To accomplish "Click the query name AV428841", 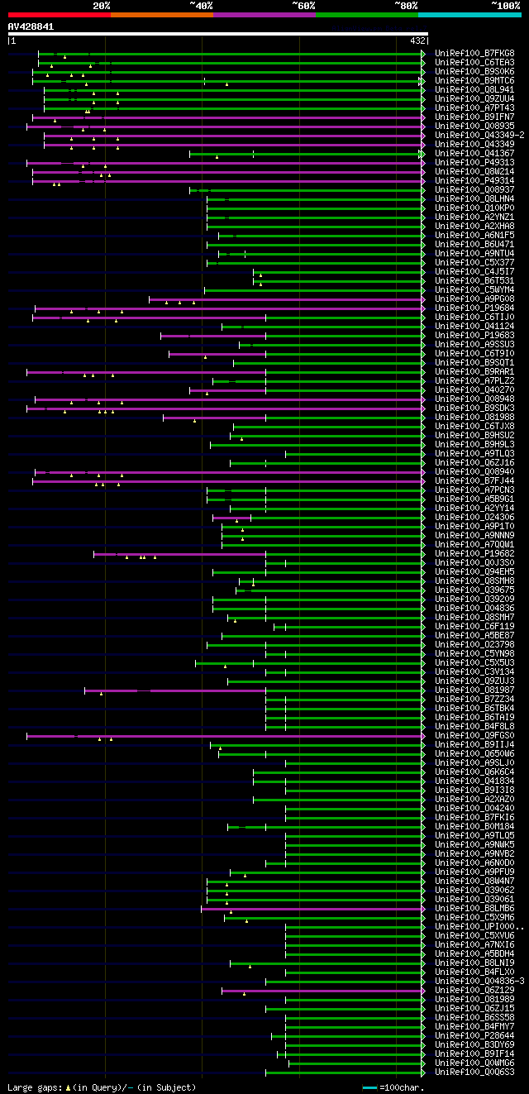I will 31,26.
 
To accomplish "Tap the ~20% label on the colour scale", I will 102,6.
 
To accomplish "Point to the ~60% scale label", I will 303,6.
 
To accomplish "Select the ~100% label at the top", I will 505,6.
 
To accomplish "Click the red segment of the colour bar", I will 59,14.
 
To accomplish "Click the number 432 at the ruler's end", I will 417,40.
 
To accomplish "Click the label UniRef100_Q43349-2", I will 479,136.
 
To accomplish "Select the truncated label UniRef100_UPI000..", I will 478,927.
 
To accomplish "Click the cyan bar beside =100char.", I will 369,1087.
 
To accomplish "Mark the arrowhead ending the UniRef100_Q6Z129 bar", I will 422,991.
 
